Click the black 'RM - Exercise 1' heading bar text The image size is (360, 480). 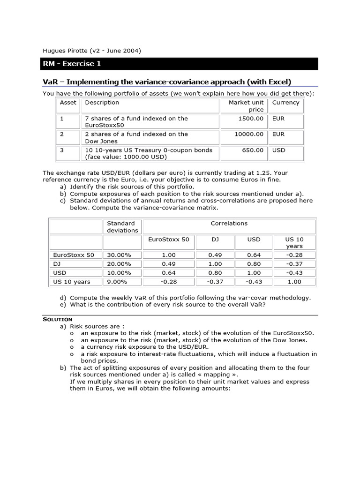72,64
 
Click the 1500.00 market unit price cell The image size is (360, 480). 251,119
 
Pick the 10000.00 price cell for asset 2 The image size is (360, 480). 249,134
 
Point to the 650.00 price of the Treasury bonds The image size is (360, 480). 253,150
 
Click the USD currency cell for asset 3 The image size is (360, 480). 278,150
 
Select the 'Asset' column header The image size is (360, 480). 68,103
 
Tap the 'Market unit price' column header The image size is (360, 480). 246,106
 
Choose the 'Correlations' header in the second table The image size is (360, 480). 229,224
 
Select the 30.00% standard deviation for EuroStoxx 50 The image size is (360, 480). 119,255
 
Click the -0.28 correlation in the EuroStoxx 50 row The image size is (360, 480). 294,255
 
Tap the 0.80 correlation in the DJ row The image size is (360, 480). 254,264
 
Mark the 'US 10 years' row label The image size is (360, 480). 72,282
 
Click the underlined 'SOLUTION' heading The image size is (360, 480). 57,319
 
